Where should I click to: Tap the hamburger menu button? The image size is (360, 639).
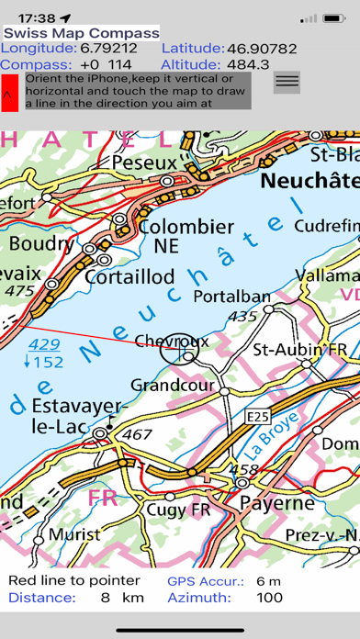point(287,82)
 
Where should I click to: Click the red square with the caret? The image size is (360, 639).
point(9,93)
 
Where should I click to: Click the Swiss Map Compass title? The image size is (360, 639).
point(81,33)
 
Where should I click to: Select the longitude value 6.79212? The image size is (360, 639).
point(109,48)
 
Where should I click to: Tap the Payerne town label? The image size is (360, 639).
point(276,503)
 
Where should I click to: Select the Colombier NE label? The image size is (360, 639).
point(186,235)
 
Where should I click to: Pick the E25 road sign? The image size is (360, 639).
point(258,417)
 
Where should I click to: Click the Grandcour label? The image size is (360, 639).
point(172,385)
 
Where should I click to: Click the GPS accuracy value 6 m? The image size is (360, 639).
point(268,580)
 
